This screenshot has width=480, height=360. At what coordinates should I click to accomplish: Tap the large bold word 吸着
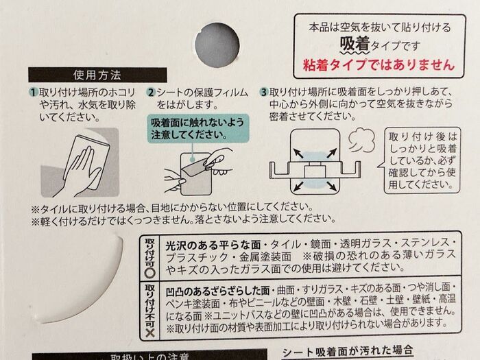coord(355,45)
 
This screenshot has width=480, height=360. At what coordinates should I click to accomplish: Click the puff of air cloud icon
coord(358,141)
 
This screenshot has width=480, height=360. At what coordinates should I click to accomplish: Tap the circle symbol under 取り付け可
coord(149,269)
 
